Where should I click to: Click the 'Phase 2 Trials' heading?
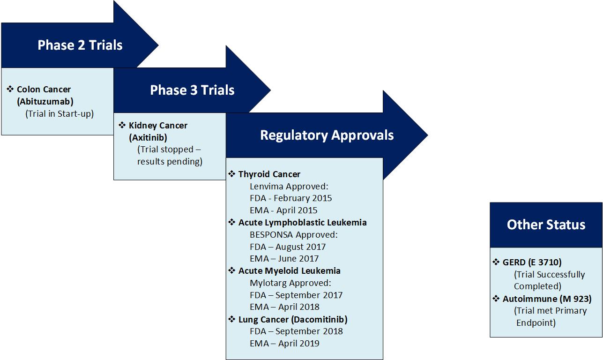(x=80, y=45)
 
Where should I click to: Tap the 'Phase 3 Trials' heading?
(x=192, y=90)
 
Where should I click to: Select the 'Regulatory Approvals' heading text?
(x=327, y=135)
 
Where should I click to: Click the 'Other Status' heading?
(x=546, y=225)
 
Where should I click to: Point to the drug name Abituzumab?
(x=45, y=102)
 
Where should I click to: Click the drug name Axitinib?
(x=148, y=138)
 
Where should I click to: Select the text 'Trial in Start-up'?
(x=60, y=113)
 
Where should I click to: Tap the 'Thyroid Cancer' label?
(x=269, y=174)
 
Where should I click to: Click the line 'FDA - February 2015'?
(x=291, y=198)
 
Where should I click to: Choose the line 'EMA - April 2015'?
(x=283, y=210)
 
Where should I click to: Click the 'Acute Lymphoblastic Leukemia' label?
(x=302, y=223)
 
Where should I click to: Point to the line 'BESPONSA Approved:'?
(x=294, y=235)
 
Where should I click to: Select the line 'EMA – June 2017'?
(x=284, y=259)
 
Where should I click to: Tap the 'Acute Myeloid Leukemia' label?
(x=290, y=271)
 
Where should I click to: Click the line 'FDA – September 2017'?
(x=296, y=295)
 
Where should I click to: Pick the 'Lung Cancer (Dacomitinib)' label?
(x=293, y=319)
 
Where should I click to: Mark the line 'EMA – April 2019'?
(x=284, y=344)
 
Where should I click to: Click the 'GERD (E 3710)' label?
(x=532, y=262)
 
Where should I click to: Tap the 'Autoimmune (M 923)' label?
(x=547, y=299)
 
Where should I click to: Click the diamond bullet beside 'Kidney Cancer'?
(x=122, y=125)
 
